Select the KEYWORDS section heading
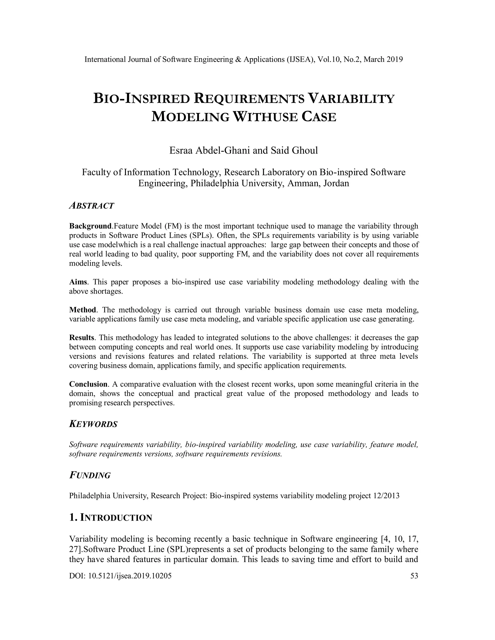(x=93, y=424)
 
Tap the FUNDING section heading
(x=90, y=475)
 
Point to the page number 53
(x=414, y=576)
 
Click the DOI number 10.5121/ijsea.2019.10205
(x=130, y=576)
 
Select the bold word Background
(x=91, y=226)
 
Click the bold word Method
(x=82, y=310)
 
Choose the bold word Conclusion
(x=88, y=384)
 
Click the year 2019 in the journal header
(x=395, y=59)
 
